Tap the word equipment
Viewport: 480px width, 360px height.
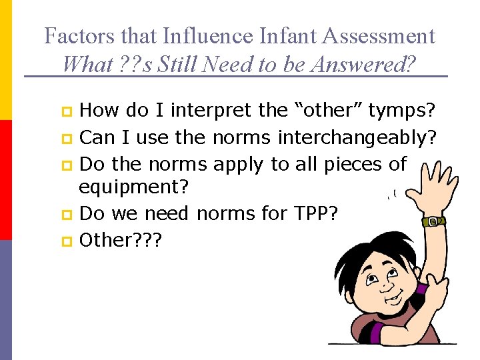coord(133,187)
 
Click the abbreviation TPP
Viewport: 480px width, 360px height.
coord(317,213)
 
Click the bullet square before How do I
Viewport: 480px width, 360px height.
coord(67,111)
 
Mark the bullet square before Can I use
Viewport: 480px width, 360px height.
coord(67,138)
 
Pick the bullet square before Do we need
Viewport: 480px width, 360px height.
coord(67,214)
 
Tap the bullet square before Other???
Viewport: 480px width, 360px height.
coord(67,240)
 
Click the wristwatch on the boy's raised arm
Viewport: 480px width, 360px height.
coord(433,221)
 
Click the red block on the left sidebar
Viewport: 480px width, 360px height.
coord(5,180)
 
